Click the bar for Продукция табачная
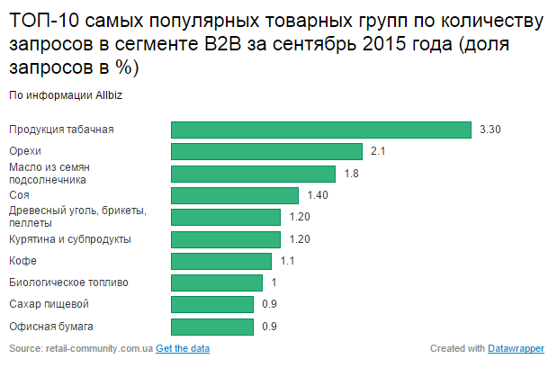[x=321, y=130]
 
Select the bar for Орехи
[x=266, y=151]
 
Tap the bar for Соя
[x=234, y=195]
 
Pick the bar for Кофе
[x=220, y=261]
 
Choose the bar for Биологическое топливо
[x=216, y=283]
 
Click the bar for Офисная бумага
[x=211, y=327]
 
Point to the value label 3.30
[x=490, y=130]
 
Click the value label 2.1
[x=378, y=151]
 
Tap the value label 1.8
[x=352, y=174]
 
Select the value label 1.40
[x=318, y=195]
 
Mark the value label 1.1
[x=287, y=261]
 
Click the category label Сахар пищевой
[x=49, y=304]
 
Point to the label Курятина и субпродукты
[x=69, y=239]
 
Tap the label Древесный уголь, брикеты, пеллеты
[x=76, y=217]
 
